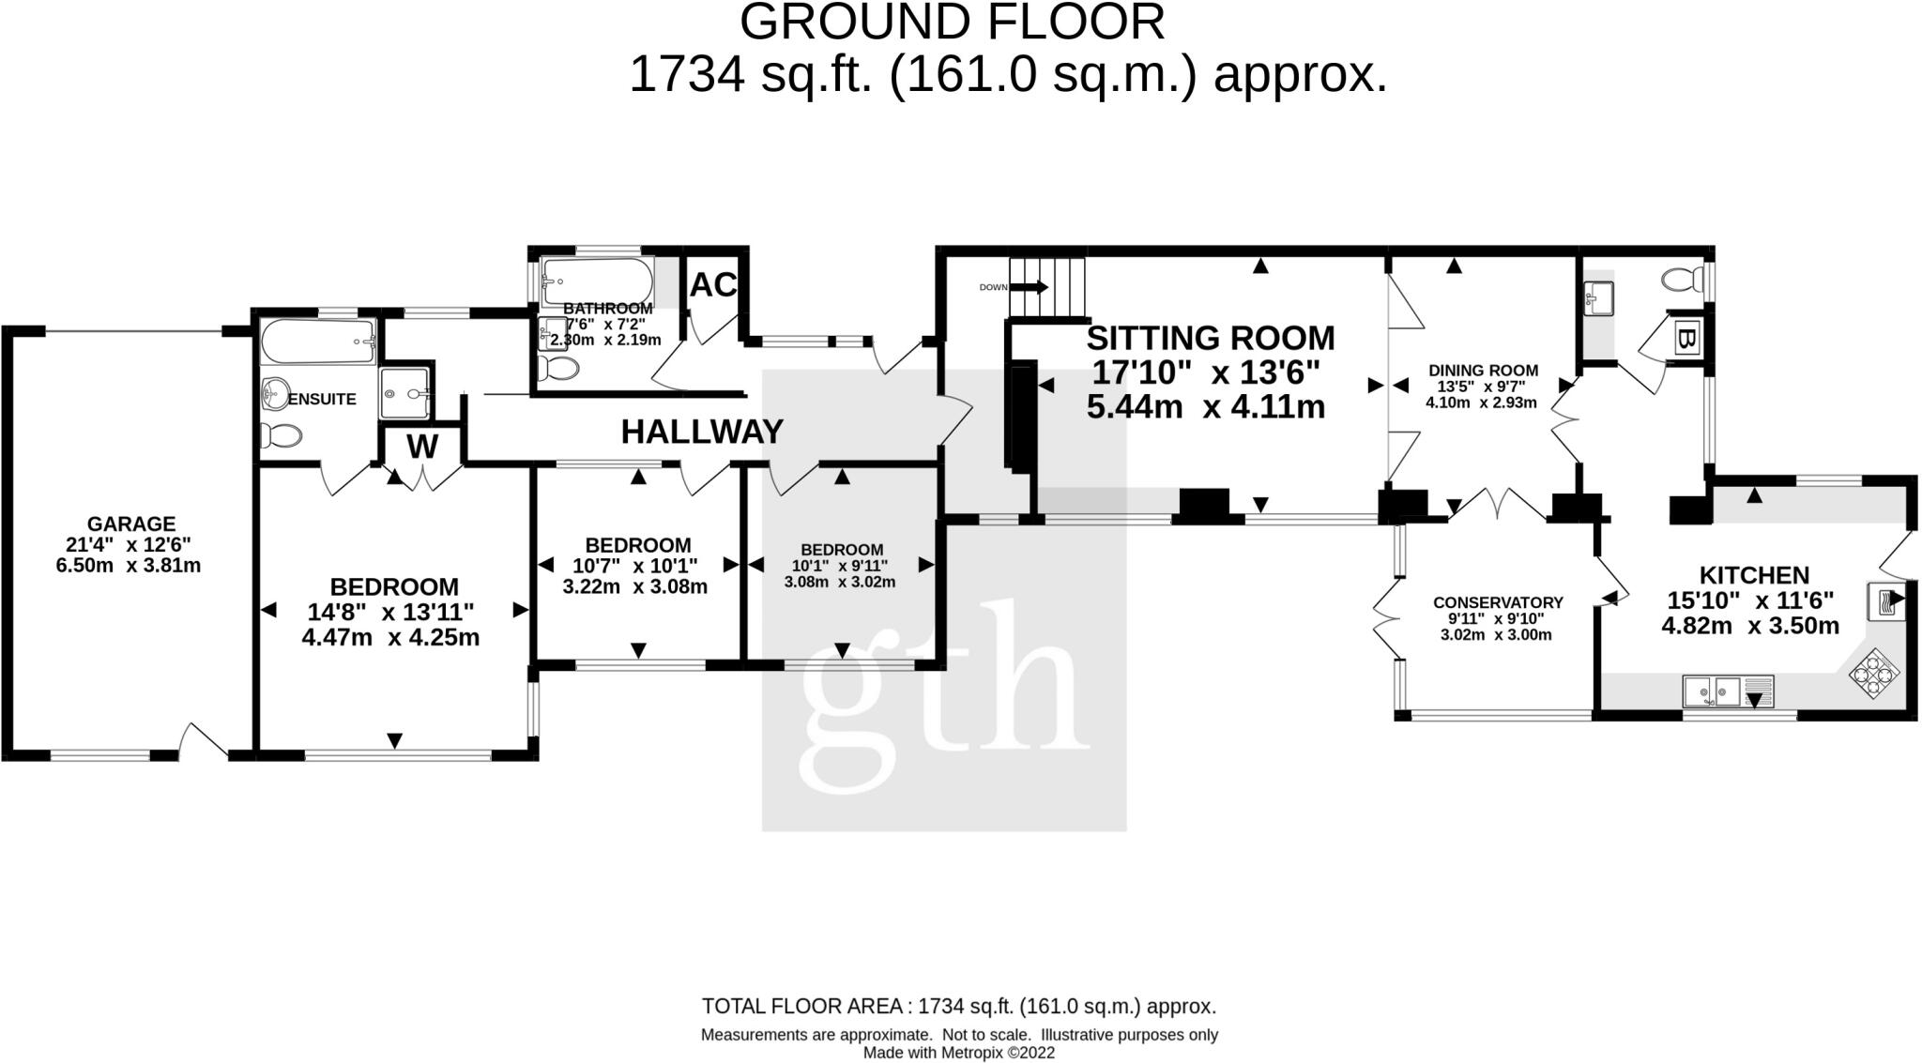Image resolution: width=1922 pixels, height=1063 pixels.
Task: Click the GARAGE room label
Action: (131, 524)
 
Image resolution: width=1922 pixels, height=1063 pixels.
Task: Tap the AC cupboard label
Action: (713, 285)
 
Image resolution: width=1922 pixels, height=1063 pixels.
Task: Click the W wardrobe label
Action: (422, 448)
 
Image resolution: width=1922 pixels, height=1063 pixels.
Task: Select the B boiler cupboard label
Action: (1686, 340)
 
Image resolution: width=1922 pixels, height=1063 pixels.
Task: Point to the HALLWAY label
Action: (702, 432)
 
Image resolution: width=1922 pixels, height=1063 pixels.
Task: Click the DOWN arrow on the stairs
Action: (1030, 287)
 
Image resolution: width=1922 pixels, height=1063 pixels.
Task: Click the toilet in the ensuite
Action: (282, 435)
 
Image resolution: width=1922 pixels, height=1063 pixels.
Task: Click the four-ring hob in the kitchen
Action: (1874, 675)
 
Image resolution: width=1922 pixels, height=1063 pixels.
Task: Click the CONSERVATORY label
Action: (1498, 602)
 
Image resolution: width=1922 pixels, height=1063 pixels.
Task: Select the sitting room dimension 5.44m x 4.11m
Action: (1206, 408)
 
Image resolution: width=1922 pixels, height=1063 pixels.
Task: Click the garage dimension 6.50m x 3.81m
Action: (129, 566)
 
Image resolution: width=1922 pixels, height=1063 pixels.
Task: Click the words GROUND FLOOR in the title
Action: (952, 23)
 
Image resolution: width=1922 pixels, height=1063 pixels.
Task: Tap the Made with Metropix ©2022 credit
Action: (959, 1053)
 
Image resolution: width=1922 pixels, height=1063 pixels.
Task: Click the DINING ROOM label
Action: (1483, 371)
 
